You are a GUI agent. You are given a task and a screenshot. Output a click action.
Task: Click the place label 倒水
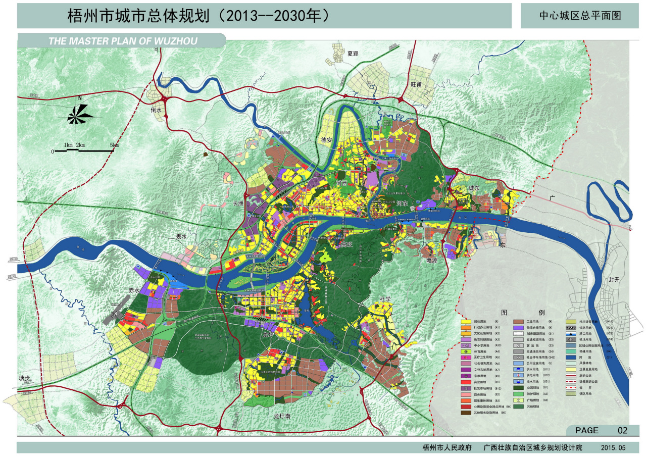[156, 110]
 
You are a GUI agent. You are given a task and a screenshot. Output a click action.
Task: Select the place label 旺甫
[416, 84]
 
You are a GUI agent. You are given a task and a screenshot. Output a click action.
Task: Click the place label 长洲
[238, 204]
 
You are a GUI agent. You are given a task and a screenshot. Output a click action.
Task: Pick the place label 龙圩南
[283, 417]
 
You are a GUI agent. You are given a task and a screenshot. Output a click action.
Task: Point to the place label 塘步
[25, 378]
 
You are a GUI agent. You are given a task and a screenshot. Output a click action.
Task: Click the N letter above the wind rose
[79, 98]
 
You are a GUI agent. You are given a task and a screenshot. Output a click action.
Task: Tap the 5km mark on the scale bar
[114, 145]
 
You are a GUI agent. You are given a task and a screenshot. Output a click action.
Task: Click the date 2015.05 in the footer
[613, 448]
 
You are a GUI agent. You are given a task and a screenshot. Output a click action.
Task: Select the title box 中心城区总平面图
[579, 16]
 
